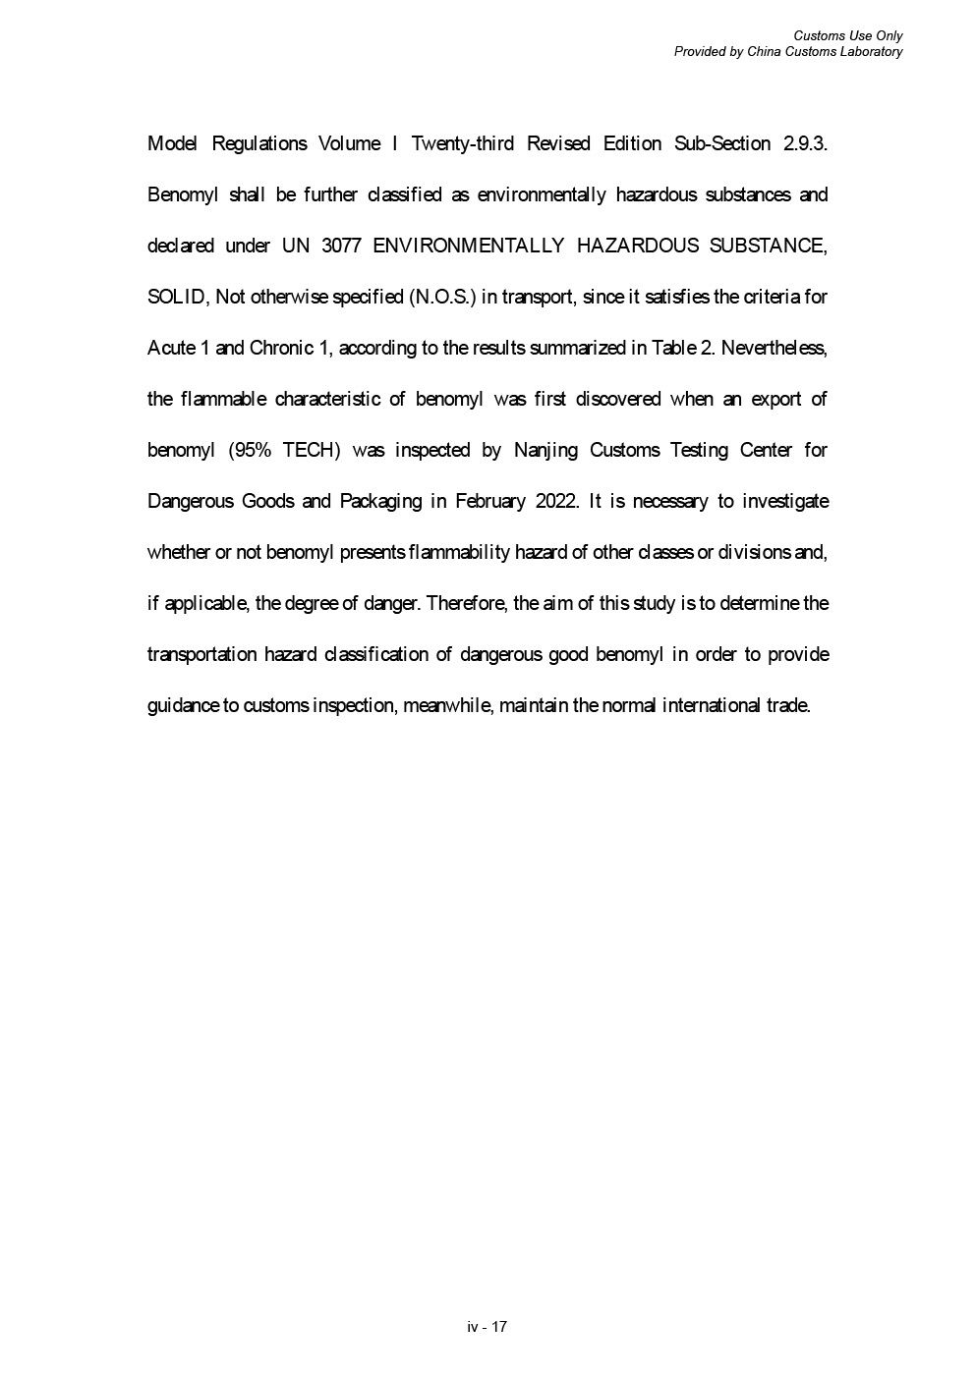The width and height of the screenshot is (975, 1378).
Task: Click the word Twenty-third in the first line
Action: pyautogui.click(x=462, y=144)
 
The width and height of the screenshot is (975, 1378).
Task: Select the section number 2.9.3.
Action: pyautogui.click(x=806, y=144)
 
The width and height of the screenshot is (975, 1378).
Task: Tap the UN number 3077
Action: pyautogui.click(x=341, y=247)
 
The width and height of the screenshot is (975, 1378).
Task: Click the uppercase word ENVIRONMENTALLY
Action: pyautogui.click(x=468, y=247)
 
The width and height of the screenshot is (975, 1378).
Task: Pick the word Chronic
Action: pyautogui.click(x=280, y=349)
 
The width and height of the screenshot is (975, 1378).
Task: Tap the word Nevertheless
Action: pyautogui.click(x=774, y=349)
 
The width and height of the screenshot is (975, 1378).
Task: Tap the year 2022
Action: pyautogui.click(x=558, y=502)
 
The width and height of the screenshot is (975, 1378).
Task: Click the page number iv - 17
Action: pyautogui.click(x=487, y=1327)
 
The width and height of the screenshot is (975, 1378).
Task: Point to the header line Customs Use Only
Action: pyautogui.click(x=848, y=36)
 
